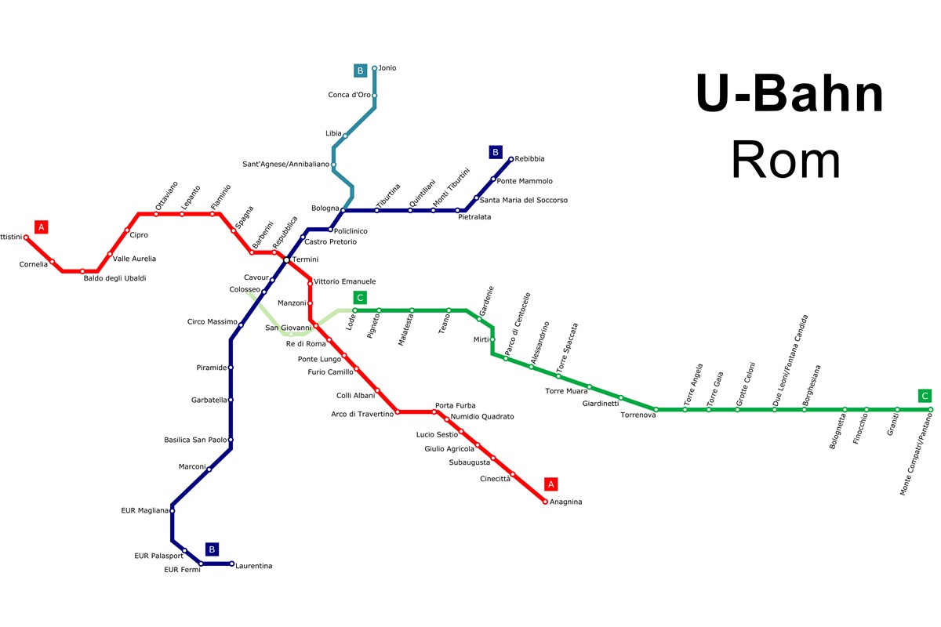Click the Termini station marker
(x=287, y=259)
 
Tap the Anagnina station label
(x=566, y=502)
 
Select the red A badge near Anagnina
(x=550, y=484)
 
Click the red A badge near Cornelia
(x=42, y=227)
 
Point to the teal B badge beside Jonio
(x=360, y=71)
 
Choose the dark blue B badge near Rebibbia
(x=495, y=152)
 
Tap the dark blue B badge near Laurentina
(x=212, y=549)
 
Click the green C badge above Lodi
(x=360, y=298)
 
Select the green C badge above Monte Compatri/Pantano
(x=925, y=396)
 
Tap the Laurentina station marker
(x=231, y=564)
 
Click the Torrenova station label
(x=637, y=415)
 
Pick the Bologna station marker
(x=343, y=210)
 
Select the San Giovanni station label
(x=288, y=328)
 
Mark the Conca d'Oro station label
(x=349, y=95)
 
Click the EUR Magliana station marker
(x=172, y=510)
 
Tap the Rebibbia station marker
(x=511, y=159)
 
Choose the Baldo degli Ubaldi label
(x=114, y=278)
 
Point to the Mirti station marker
(x=492, y=339)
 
